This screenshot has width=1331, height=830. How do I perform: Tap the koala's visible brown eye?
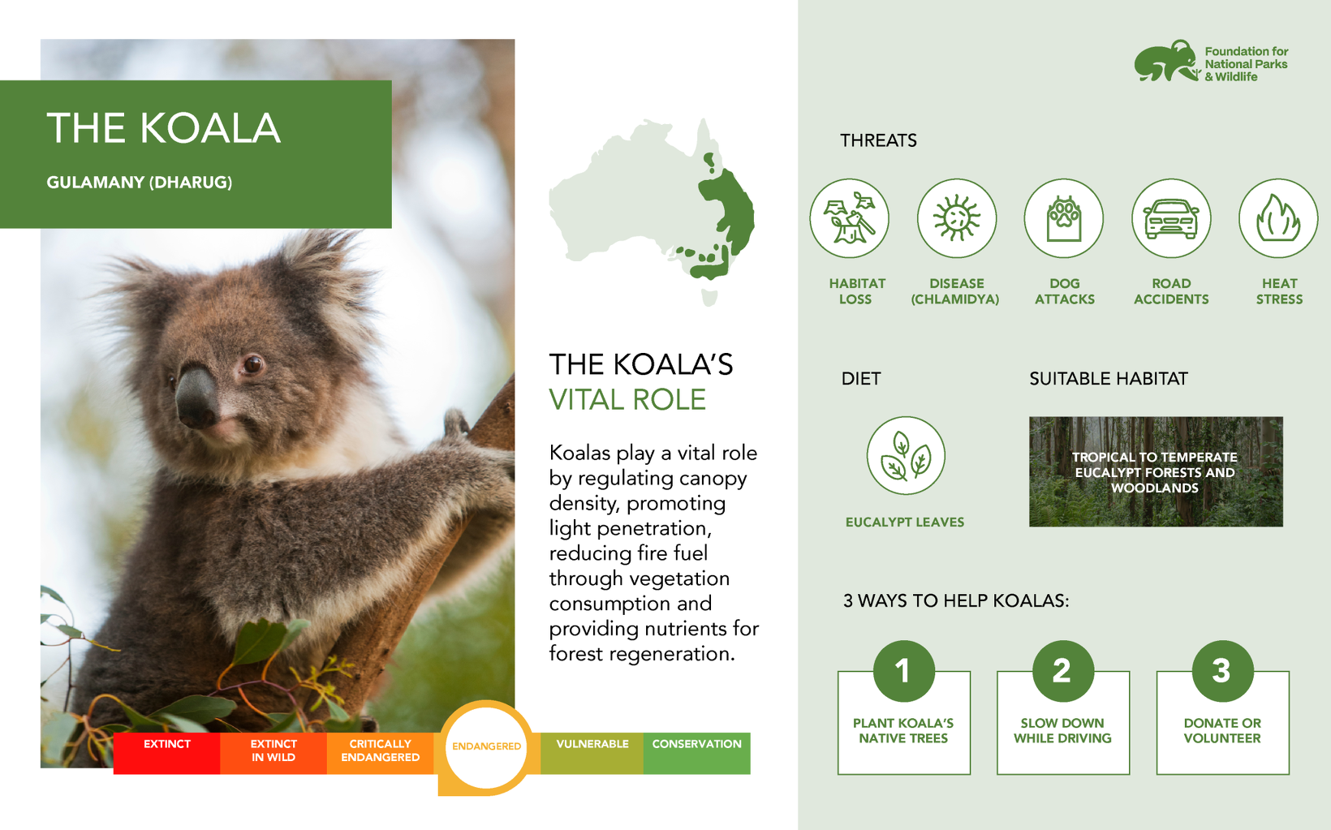click(x=253, y=363)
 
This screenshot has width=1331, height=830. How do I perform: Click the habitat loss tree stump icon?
click(x=849, y=218)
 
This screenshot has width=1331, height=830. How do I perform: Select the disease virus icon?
click(x=956, y=218)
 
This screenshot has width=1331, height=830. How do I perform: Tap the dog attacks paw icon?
click(x=1064, y=218)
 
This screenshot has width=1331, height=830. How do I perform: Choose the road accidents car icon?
click(x=1171, y=218)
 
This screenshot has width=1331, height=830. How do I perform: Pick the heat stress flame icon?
click(x=1278, y=218)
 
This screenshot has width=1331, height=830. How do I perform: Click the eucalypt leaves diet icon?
click(x=906, y=456)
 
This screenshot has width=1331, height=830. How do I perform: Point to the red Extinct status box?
click(x=166, y=754)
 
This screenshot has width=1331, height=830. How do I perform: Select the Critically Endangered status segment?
click(x=381, y=754)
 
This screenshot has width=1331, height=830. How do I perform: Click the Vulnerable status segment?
click(x=592, y=754)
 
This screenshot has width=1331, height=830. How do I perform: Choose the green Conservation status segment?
click(x=696, y=754)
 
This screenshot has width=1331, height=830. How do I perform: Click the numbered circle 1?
click(x=904, y=671)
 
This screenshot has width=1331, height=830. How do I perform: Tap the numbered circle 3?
click(x=1222, y=671)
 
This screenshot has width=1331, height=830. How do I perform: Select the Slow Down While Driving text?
click(x=1062, y=731)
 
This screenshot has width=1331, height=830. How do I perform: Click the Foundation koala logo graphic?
click(x=1166, y=61)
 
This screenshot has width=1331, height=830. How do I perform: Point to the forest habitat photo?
click(x=1156, y=471)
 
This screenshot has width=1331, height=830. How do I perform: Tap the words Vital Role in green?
click(x=627, y=399)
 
